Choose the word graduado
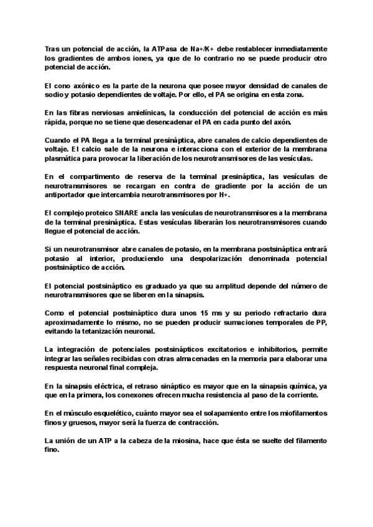(156, 285)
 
